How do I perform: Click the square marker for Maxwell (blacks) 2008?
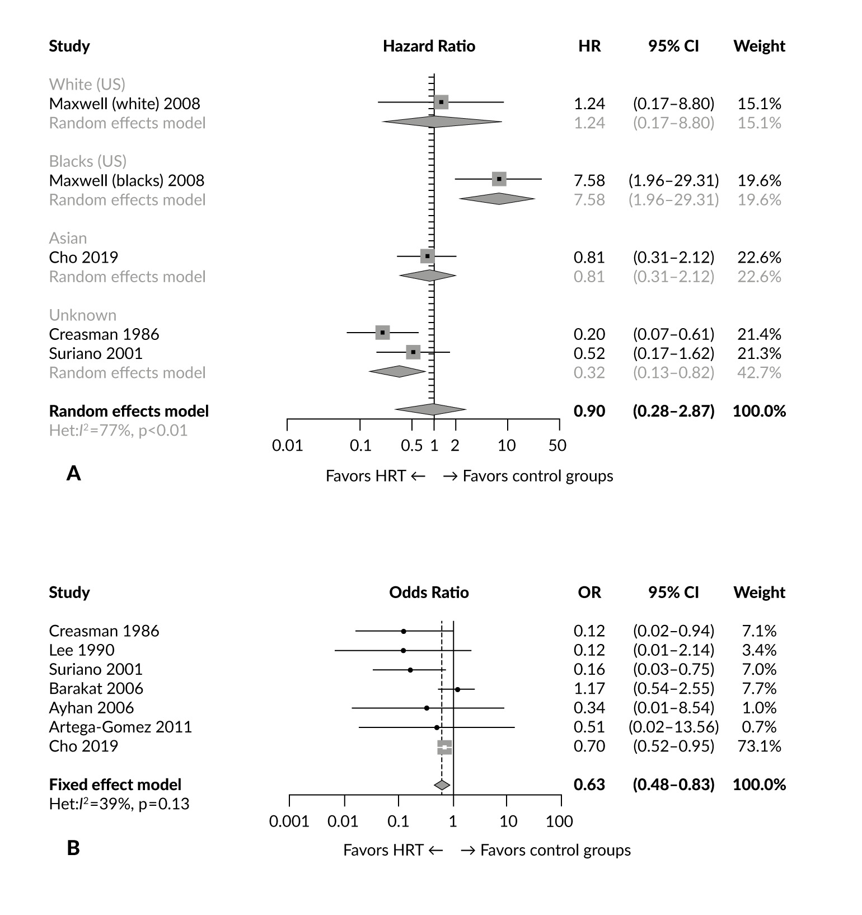499,179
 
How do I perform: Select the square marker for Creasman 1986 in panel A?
382,333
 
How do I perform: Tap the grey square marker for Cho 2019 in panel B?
444,747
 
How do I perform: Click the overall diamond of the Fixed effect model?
442,785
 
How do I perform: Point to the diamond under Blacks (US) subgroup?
497,199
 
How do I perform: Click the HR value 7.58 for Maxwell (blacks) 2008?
589,180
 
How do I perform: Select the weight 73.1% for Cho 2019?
759,746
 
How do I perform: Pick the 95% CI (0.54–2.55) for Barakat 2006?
673,688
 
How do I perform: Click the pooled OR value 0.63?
589,785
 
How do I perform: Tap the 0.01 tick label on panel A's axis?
287,446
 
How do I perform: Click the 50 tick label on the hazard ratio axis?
558,446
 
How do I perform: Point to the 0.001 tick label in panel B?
289,821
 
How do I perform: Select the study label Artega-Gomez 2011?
120,727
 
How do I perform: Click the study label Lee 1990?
82,650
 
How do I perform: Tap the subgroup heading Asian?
68,239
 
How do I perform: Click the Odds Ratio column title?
429,592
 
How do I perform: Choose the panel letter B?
73,848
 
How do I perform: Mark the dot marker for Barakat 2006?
457,689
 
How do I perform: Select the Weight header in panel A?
759,46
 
